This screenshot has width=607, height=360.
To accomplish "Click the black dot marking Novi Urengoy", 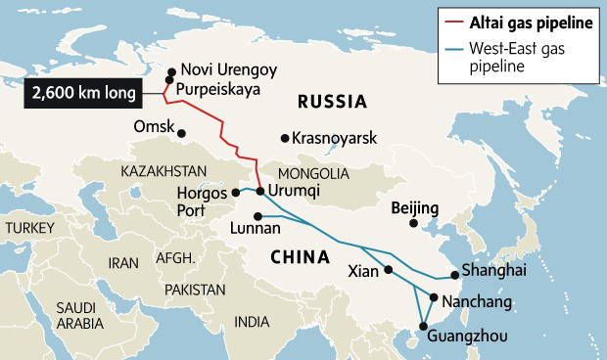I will [171, 70].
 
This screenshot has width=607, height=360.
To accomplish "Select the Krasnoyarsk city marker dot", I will [284, 138].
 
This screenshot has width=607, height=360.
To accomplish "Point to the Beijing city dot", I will [413, 224].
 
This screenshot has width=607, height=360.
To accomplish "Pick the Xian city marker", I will [389, 270].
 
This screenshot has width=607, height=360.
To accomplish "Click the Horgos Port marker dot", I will [236, 193].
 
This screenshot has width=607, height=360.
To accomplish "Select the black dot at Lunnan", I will [257, 215].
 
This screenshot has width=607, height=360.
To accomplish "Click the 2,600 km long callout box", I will [84, 94].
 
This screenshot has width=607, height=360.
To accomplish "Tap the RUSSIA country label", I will [332, 101].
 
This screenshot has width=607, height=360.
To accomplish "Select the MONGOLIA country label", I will [314, 173].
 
